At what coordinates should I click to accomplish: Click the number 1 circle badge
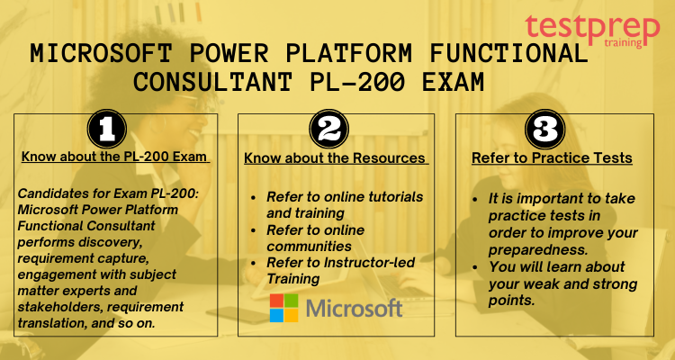(x=107, y=129)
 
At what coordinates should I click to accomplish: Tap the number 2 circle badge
(x=328, y=129)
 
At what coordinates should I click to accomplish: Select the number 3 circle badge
(x=545, y=129)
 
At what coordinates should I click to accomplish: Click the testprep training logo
(x=592, y=31)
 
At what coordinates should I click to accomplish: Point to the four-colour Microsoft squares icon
(x=284, y=308)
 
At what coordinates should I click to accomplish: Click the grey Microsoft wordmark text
(x=355, y=308)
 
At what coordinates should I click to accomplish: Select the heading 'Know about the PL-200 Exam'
(x=115, y=157)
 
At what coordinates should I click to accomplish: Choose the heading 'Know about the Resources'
(x=336, y=158)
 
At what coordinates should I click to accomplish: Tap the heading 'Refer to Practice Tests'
(x=552, y=158)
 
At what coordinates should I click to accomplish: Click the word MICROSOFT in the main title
(x=101, y=54)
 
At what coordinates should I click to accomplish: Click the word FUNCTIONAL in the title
(x=508, y=54)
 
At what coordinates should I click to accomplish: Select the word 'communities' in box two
(x=309, y=247)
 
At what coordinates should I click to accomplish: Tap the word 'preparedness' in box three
(x=537, y=250)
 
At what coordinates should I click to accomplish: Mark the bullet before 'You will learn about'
(x=475, y=267)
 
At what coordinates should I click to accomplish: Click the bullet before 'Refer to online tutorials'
(x=253, y=198)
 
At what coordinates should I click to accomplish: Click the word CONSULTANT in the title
(x=212, y=82)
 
